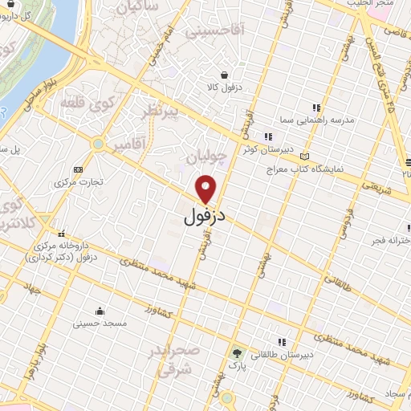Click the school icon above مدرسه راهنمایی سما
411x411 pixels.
pos(316,108)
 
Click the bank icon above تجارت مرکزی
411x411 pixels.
pos(78,169)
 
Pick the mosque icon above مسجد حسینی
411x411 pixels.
pos(100,311)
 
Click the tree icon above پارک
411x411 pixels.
pos(237,352)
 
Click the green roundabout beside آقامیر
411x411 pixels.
pos(99,144)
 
